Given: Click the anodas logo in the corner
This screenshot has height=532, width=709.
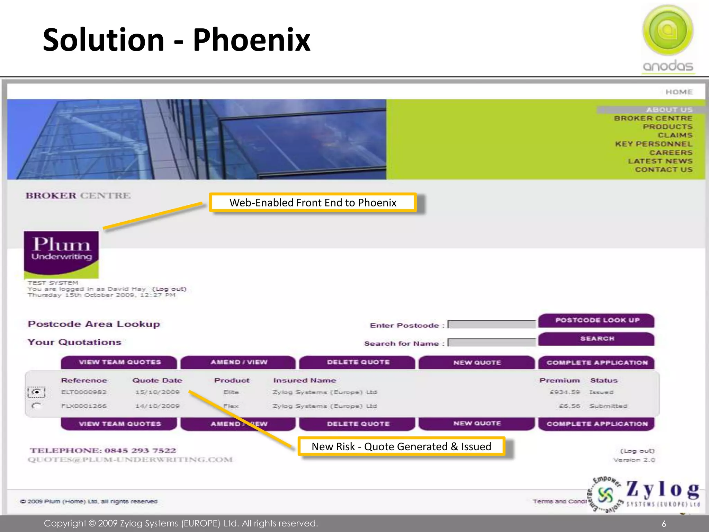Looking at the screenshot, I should [x=668, y=38].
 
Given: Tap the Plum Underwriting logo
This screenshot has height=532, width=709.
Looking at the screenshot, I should [x=61, y=255].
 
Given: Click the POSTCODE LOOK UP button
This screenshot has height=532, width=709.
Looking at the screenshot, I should [x=596, y=320].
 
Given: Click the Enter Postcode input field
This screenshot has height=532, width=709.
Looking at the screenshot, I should [x=492, y=325].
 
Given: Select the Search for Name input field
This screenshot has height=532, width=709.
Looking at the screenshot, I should [x=492, y=343].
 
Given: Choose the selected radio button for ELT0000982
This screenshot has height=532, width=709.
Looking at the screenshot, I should [x=36, y=392].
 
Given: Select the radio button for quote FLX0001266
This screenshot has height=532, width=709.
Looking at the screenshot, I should [x=36, y=406].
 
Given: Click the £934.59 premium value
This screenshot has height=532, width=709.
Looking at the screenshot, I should [x=565, y=392].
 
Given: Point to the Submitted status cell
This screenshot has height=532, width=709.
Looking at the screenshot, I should [x=608, y=406].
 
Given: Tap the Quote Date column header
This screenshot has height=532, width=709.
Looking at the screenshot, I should [x=157, y=380].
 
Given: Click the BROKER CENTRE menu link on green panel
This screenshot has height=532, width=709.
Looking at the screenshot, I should [x=653, y=118].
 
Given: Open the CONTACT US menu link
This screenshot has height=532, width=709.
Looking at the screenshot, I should [x=663, y=170].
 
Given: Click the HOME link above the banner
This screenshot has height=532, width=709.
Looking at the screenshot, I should [x=679, y=92].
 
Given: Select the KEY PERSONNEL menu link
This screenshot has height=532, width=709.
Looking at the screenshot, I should [x=653, y=144].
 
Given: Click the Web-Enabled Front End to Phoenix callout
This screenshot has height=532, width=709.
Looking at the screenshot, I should [x=313, y=203].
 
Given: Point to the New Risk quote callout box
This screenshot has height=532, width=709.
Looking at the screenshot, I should [x=401, y=446].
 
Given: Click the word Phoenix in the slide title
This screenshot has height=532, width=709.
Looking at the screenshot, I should [x=252, y=40].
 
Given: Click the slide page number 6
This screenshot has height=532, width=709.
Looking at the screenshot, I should [x=664, y=524].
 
